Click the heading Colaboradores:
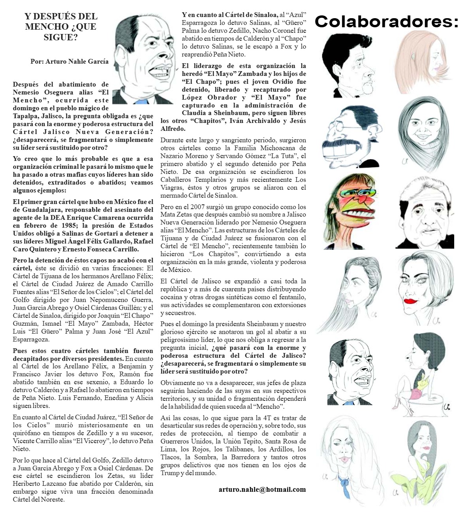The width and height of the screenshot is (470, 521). click(x=387, y=21)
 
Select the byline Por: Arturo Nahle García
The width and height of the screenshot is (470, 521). click(x=70, y=62)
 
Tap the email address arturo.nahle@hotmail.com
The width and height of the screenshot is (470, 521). click(x=262, y=489)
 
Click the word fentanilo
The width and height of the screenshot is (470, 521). click(x=291, y=297)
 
